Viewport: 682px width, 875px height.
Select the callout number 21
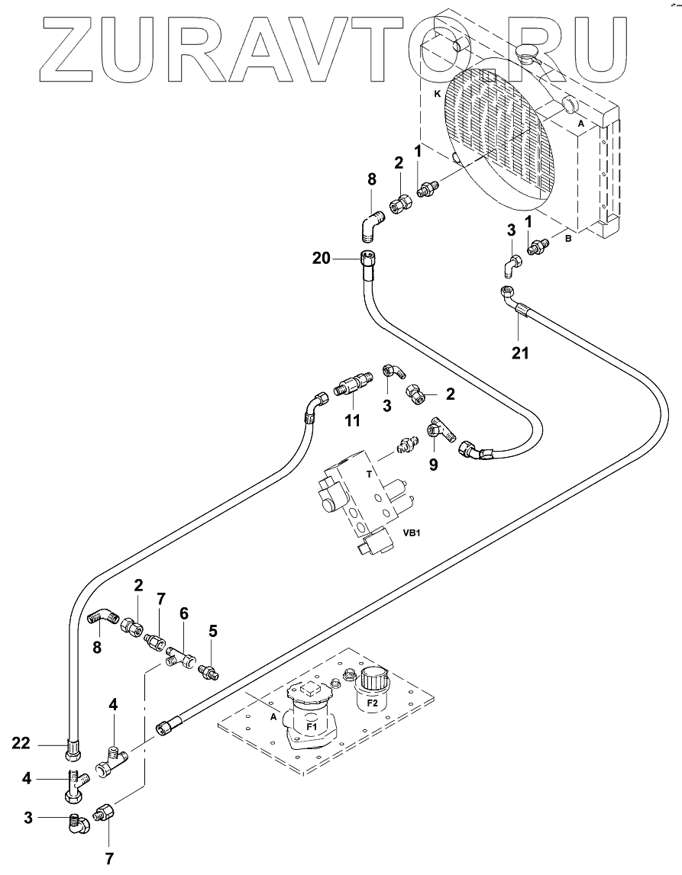coord(519,352)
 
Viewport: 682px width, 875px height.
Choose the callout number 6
coord(183,613)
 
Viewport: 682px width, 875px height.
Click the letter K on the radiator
coord(437,94)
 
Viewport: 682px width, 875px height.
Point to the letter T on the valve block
coord(369,473)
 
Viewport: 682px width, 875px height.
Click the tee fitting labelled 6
coord(183,655)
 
